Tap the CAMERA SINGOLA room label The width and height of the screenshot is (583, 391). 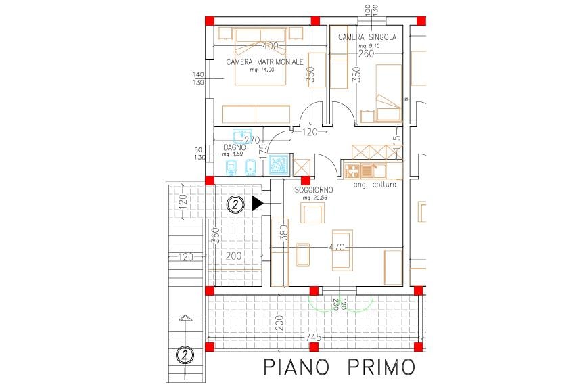click(x=367, y=37)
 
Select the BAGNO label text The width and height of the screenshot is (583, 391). click(x=233, y=147)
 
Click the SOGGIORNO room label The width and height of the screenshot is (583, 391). click(x=314, y=191)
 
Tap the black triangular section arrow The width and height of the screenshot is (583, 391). click(x=256, y=203)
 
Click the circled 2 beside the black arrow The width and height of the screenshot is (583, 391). click(x=235, y=203)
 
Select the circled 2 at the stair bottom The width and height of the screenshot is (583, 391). click(x=183, y=354)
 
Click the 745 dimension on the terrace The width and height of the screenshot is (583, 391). click(x=312, y=337)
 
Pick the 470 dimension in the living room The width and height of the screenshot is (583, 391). click(x=337, y=247)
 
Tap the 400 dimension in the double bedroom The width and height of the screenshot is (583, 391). click(x=270, y=47)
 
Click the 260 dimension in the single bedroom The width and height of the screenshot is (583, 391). click(x=366, y=54)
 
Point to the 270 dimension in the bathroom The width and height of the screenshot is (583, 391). click(x=252, y=140)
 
